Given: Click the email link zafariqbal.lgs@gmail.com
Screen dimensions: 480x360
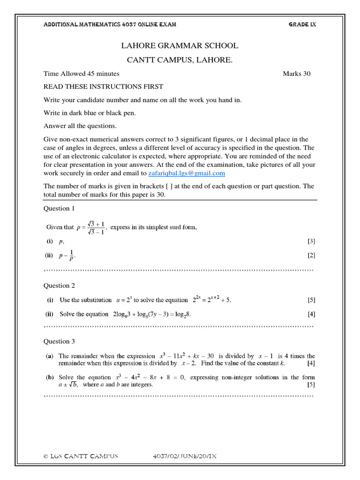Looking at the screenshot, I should tap(187, 173).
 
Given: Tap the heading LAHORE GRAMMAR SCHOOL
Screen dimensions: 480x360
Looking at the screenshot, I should tap(180, 45).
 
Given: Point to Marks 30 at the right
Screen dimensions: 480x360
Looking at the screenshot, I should tap(296, 74).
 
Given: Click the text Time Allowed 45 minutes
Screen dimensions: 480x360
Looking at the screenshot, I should tap(81, 74).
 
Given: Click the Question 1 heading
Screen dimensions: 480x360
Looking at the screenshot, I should tap(59, 208).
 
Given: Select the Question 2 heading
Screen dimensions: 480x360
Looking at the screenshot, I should tap(59, 285).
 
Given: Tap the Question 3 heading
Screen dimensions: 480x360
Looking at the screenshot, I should tap(59, 342).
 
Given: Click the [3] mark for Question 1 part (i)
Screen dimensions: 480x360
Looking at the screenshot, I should tap(311, 241).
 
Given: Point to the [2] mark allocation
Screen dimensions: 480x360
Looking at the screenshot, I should tap(311, 255).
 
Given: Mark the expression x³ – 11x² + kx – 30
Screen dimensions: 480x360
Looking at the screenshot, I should tap(187, 356).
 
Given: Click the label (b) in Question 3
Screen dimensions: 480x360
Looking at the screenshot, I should tap(49, 377).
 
